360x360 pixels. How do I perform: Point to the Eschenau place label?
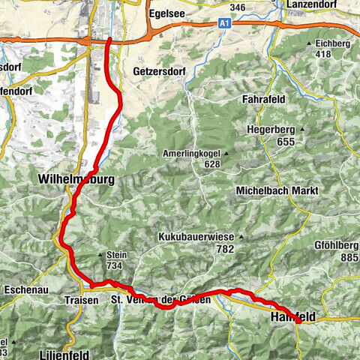[x=25, y=286]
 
